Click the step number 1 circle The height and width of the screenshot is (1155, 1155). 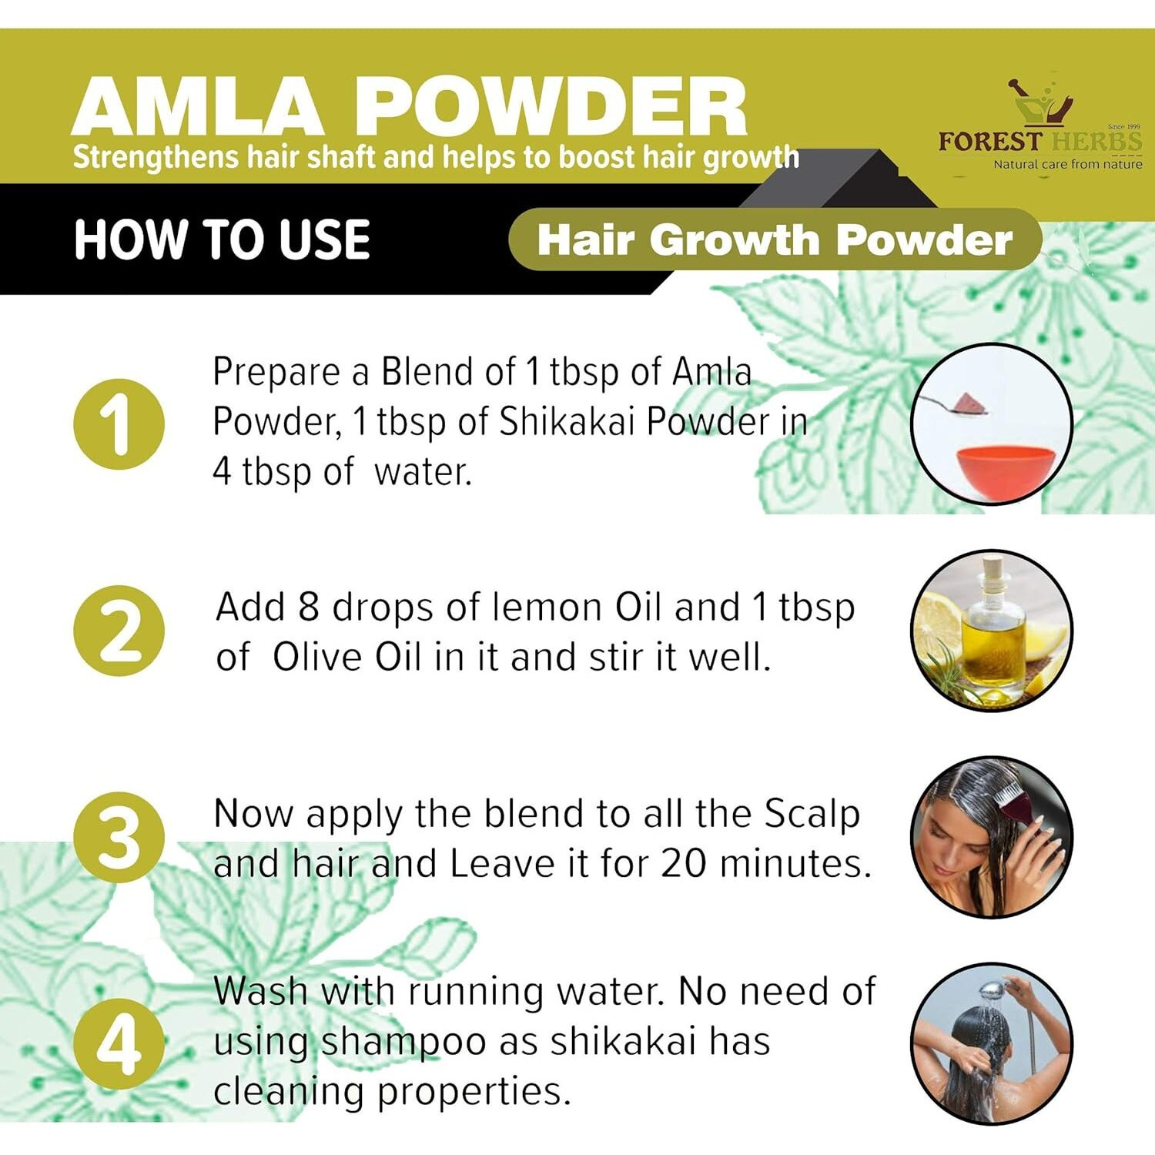tap(119, 424)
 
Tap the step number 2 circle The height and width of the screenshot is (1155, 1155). tap(119, 631)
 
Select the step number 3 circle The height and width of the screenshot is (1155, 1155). tap(119, 837)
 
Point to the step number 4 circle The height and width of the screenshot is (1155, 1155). tap(119, 1044)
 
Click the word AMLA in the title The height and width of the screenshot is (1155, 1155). tap(197, 107)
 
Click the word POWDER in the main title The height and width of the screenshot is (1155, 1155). tap(551, 107)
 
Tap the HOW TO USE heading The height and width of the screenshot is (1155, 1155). tap(222, 239)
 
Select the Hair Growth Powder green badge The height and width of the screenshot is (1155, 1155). tap(774, 239)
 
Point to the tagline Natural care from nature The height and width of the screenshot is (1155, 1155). tap(1067, 164)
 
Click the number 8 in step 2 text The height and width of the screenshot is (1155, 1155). tap(308, 608)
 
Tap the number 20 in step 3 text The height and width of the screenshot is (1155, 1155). tap(683, 863)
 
